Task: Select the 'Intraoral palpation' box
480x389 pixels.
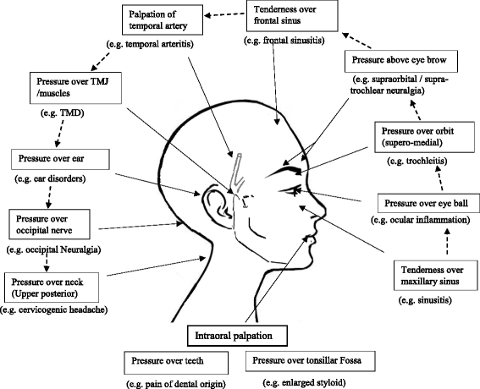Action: (241, 336)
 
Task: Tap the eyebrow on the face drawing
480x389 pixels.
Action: (284, 167)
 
